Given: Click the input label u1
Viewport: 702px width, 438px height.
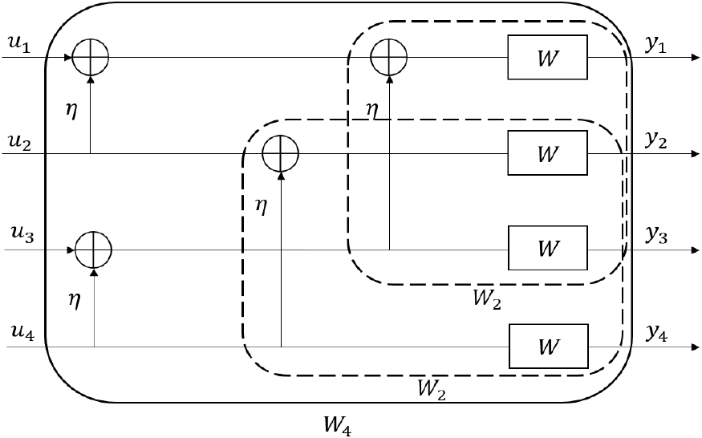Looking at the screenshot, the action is tap(18, 45).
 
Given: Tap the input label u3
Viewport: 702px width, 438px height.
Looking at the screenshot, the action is tap(22, 233).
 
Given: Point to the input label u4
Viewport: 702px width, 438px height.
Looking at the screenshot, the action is tap(22, 332).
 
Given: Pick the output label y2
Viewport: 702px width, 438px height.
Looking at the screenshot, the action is tap(656, 141).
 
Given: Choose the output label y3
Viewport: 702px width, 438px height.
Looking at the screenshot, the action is tap(656, 236).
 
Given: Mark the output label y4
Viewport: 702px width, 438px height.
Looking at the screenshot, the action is tap(656, 334).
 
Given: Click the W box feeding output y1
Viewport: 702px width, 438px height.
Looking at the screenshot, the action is tap(547, 57).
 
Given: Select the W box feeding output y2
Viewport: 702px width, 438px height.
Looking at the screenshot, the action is tap(547, 152).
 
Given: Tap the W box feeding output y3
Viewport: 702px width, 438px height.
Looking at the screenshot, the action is tap(548, 248).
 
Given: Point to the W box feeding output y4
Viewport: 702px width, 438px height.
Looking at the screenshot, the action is tap(549, 346).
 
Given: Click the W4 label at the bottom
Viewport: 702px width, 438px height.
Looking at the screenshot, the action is tap(338, 424).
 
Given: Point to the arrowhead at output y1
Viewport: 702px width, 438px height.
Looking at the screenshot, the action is tap(696, 57).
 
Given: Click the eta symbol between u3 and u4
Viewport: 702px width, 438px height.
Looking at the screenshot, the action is tap(75, 299).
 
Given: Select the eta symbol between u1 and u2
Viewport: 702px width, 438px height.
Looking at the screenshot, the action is tap(71, 110).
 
